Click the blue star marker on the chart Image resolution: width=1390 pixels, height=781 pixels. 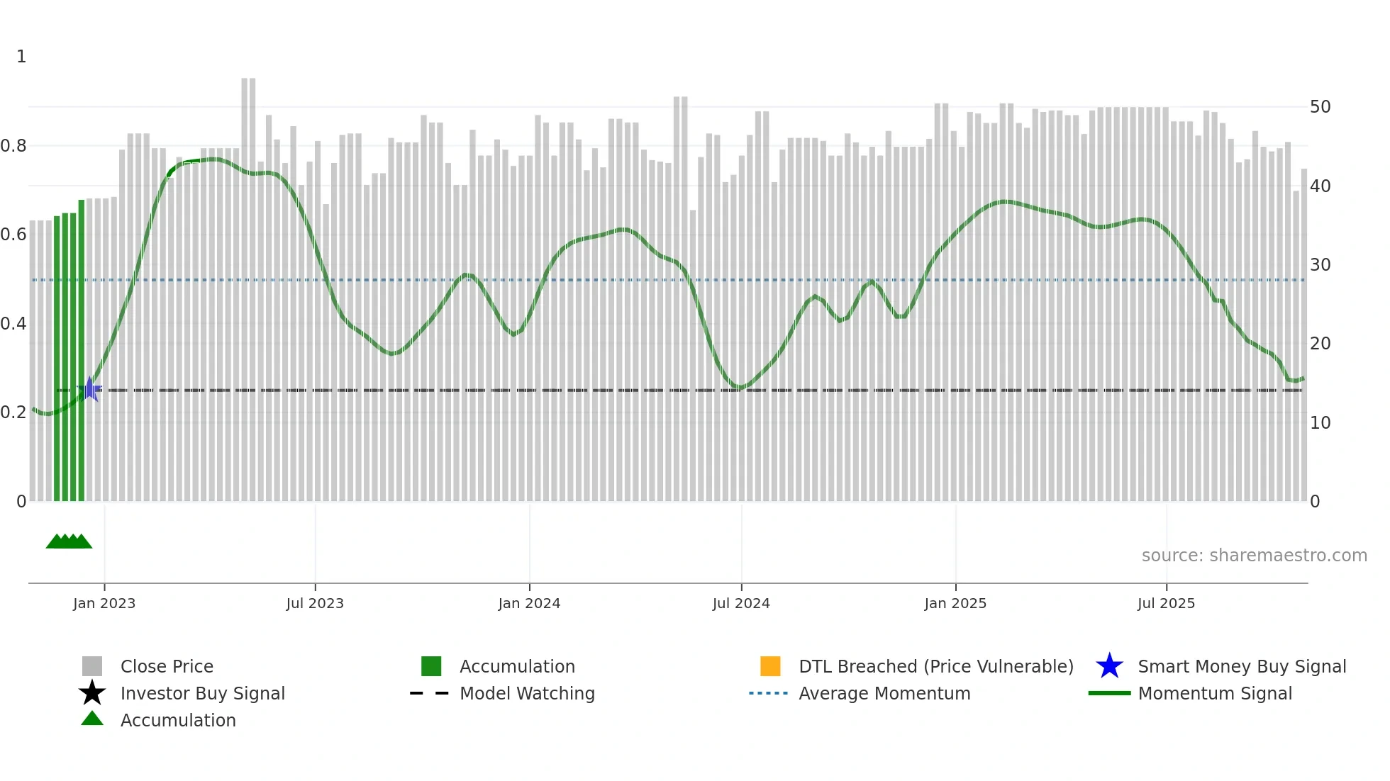(90, 389)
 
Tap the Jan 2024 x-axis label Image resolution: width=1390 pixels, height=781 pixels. (529, 603)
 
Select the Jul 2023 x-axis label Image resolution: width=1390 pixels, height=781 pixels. (315, 603)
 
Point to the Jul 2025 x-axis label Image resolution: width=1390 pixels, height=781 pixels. (1166, 603)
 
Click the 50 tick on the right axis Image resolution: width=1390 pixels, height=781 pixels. (1320, 107)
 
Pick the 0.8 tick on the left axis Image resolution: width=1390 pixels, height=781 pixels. (13, 146)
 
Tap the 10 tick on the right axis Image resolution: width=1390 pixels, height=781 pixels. (1320, 423)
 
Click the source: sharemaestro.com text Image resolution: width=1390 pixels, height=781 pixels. (1254, 556)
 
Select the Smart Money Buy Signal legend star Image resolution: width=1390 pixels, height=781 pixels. (1109, 666)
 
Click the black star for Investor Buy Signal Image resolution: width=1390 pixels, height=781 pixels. (92, 693)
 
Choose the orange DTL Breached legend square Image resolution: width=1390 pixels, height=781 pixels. (770, 666)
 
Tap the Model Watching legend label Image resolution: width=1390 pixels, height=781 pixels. (527, 693)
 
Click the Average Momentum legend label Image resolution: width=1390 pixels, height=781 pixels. (884, 693)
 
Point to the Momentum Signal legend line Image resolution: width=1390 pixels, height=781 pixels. (1109, 693)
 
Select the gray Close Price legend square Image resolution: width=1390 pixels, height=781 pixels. (92, 666)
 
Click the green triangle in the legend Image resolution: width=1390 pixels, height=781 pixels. (92, 719)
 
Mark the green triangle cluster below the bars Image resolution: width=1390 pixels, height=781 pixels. (69, 542)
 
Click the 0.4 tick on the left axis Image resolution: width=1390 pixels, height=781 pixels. (13, 324)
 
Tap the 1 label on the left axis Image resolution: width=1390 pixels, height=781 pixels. (21, 57)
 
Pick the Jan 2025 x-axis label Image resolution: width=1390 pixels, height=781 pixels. (955, 603)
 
